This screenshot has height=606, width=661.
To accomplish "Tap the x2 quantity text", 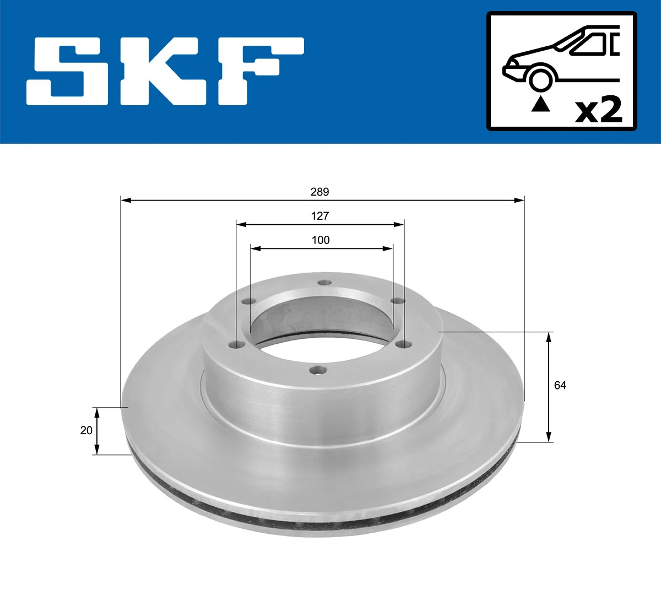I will coord(598,110).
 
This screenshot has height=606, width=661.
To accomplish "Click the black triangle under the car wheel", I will coord(540,104).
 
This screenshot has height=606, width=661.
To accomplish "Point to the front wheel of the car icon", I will coord(540,79).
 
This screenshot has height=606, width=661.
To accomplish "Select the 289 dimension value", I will coord(319,192).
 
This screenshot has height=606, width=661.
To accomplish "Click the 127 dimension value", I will coord(319,216).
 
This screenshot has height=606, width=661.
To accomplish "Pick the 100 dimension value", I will coord(321,240).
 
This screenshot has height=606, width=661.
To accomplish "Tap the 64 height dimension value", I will coord(560,386).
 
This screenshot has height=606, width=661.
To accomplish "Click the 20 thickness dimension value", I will coord(86,430).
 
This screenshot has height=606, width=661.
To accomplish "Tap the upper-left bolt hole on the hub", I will coord(247,302).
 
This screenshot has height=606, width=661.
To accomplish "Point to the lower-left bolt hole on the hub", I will coord(237,346).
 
